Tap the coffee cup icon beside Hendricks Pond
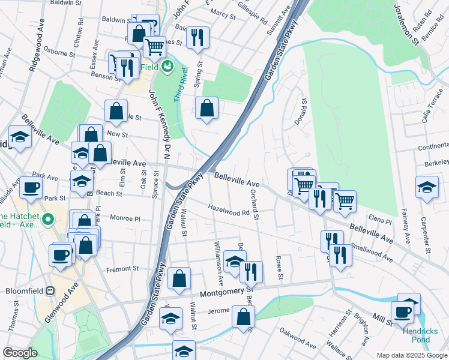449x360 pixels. [402, 311]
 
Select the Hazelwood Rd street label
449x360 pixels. [229, 209]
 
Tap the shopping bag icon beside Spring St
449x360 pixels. [206, 108]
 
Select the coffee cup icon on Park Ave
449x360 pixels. [30, 187]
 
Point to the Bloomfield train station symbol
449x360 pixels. [50, 290]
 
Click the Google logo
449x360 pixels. [20, 353]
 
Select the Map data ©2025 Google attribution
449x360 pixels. [411, 355]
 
